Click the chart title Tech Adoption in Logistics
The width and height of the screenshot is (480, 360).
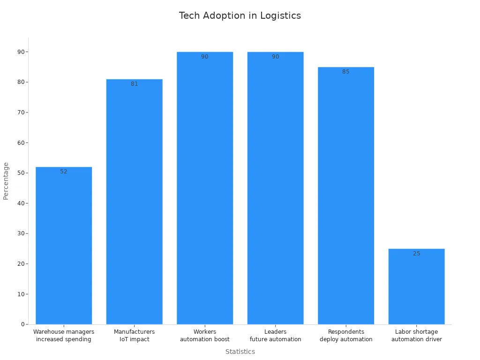(x=240, y=15)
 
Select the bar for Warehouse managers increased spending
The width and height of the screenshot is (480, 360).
(x=64, y=246)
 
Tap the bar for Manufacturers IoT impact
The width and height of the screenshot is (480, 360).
(x=134, y=202)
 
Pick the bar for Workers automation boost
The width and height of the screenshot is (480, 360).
(x=205, y=187)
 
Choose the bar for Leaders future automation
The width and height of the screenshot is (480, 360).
(x=275, y=187)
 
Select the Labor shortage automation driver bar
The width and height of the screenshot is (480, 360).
(x=416, y=286)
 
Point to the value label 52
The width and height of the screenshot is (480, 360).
(x=64, y=172)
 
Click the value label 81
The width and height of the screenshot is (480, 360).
(x=134, y=84)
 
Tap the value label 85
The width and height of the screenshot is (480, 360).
(x=346, y=72)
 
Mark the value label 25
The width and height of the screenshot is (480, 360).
(x=416, y=254)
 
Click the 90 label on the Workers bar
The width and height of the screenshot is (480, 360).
(x=205, y=57)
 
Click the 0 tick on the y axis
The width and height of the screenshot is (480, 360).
(x=22, y=324)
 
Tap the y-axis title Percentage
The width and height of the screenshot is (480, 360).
(x=6, y=181)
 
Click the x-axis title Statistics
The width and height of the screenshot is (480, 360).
(x=240, y=352)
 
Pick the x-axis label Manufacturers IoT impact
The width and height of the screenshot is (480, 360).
(x=134, y=336)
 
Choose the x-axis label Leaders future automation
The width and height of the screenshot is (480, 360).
(x=275, y=336)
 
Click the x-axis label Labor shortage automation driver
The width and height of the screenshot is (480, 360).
(x=416, y=336)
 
